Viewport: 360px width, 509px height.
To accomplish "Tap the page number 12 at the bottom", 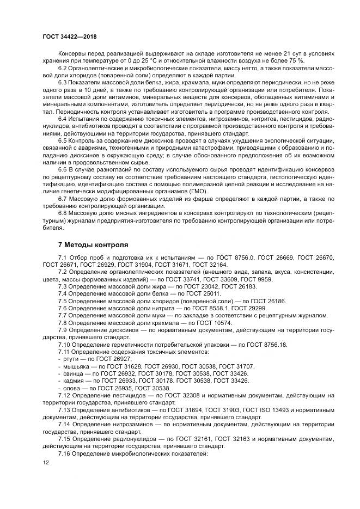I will coord(46,462).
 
